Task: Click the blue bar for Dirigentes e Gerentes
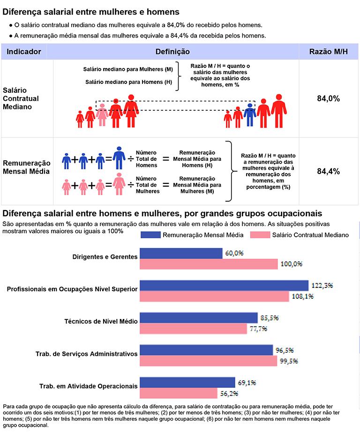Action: [181, 253]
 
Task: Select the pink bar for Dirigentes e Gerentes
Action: [209, 264]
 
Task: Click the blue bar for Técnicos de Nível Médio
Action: [199, 317]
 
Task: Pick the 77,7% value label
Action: [258, 329]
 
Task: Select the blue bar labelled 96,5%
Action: [206, 350]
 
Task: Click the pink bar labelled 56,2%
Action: [179, 393]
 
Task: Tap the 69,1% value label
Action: [247, 383]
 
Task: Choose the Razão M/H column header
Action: [328, 52]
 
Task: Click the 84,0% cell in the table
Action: [328, 98]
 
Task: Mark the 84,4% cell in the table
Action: [328, 171]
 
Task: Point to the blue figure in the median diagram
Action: [250, 115]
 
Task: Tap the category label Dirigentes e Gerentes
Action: [105, 257]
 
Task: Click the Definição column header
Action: [172, 52]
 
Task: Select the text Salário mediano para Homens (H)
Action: [129, 82]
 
